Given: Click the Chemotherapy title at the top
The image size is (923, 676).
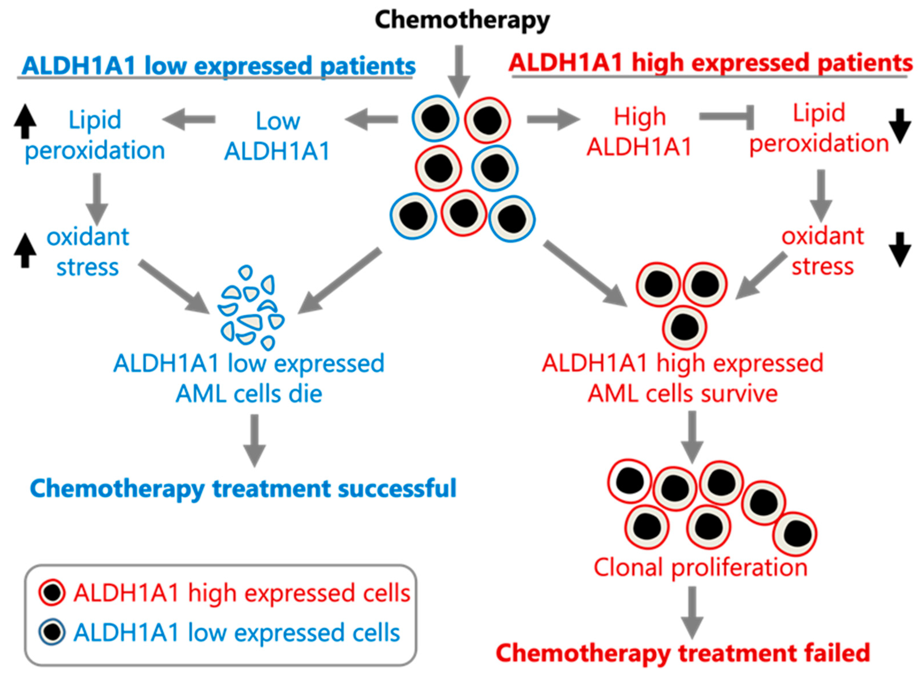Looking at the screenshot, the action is coord(462,20).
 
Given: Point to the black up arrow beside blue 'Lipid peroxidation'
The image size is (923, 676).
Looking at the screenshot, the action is coord(25,121).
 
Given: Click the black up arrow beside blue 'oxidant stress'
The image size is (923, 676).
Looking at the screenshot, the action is coord(25,251).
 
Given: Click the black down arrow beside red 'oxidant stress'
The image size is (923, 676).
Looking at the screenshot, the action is coord(900,250).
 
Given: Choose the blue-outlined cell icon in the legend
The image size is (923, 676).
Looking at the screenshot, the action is coord(52,632).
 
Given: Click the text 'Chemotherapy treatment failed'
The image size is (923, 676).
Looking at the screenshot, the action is coord(683,653).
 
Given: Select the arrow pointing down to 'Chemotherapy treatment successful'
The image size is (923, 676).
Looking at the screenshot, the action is coord(255,441).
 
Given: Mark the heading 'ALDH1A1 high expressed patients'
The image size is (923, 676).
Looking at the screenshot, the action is coord(711,63).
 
